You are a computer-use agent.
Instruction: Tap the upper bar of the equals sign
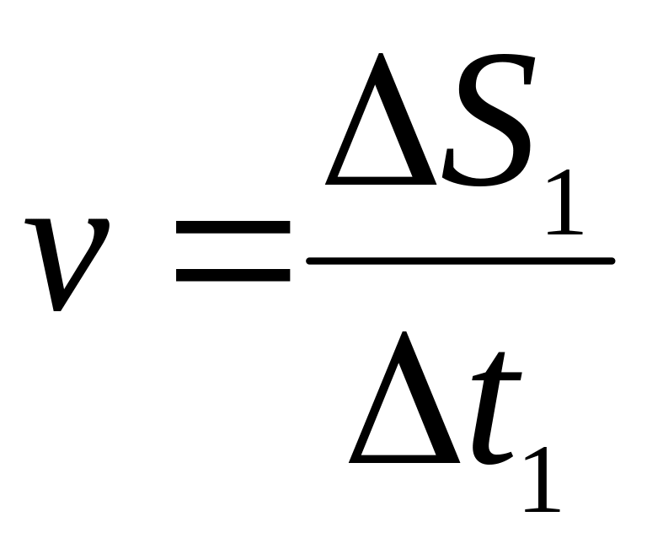click(232, 229)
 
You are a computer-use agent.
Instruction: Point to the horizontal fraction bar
click(459, 261)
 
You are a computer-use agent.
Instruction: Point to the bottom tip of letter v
click(57, 309)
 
